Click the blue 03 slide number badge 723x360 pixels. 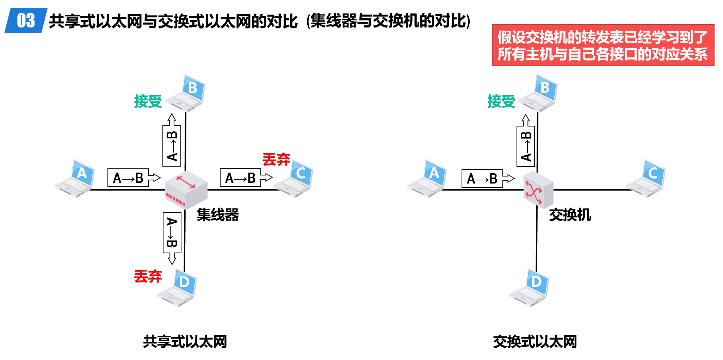pos(26,20)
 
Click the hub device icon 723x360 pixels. pos(186,190)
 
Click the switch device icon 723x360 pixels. pos(538,190)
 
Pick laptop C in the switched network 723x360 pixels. pos(646,179)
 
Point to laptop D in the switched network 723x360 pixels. pos(530,287)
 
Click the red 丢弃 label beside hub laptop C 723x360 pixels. pos(276,160)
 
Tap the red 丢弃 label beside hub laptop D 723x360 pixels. pos(148,277)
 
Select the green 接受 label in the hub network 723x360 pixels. pos(148,101)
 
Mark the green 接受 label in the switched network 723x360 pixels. pos(501,101)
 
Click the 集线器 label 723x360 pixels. pos(218,215)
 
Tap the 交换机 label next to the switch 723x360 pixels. pos(570,215)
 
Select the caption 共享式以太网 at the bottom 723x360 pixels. pos(185,342)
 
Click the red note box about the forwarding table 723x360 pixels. pos(603,45)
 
